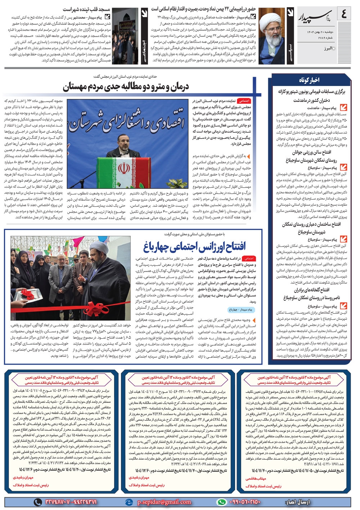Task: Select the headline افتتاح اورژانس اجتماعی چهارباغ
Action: tap(195, 247)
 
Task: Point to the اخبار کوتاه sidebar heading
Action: tap(309, 80)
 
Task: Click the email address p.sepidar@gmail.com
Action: tap(164, 502)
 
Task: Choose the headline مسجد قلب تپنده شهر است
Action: tap(86, 9)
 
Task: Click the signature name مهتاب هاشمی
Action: tap(256, 479)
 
